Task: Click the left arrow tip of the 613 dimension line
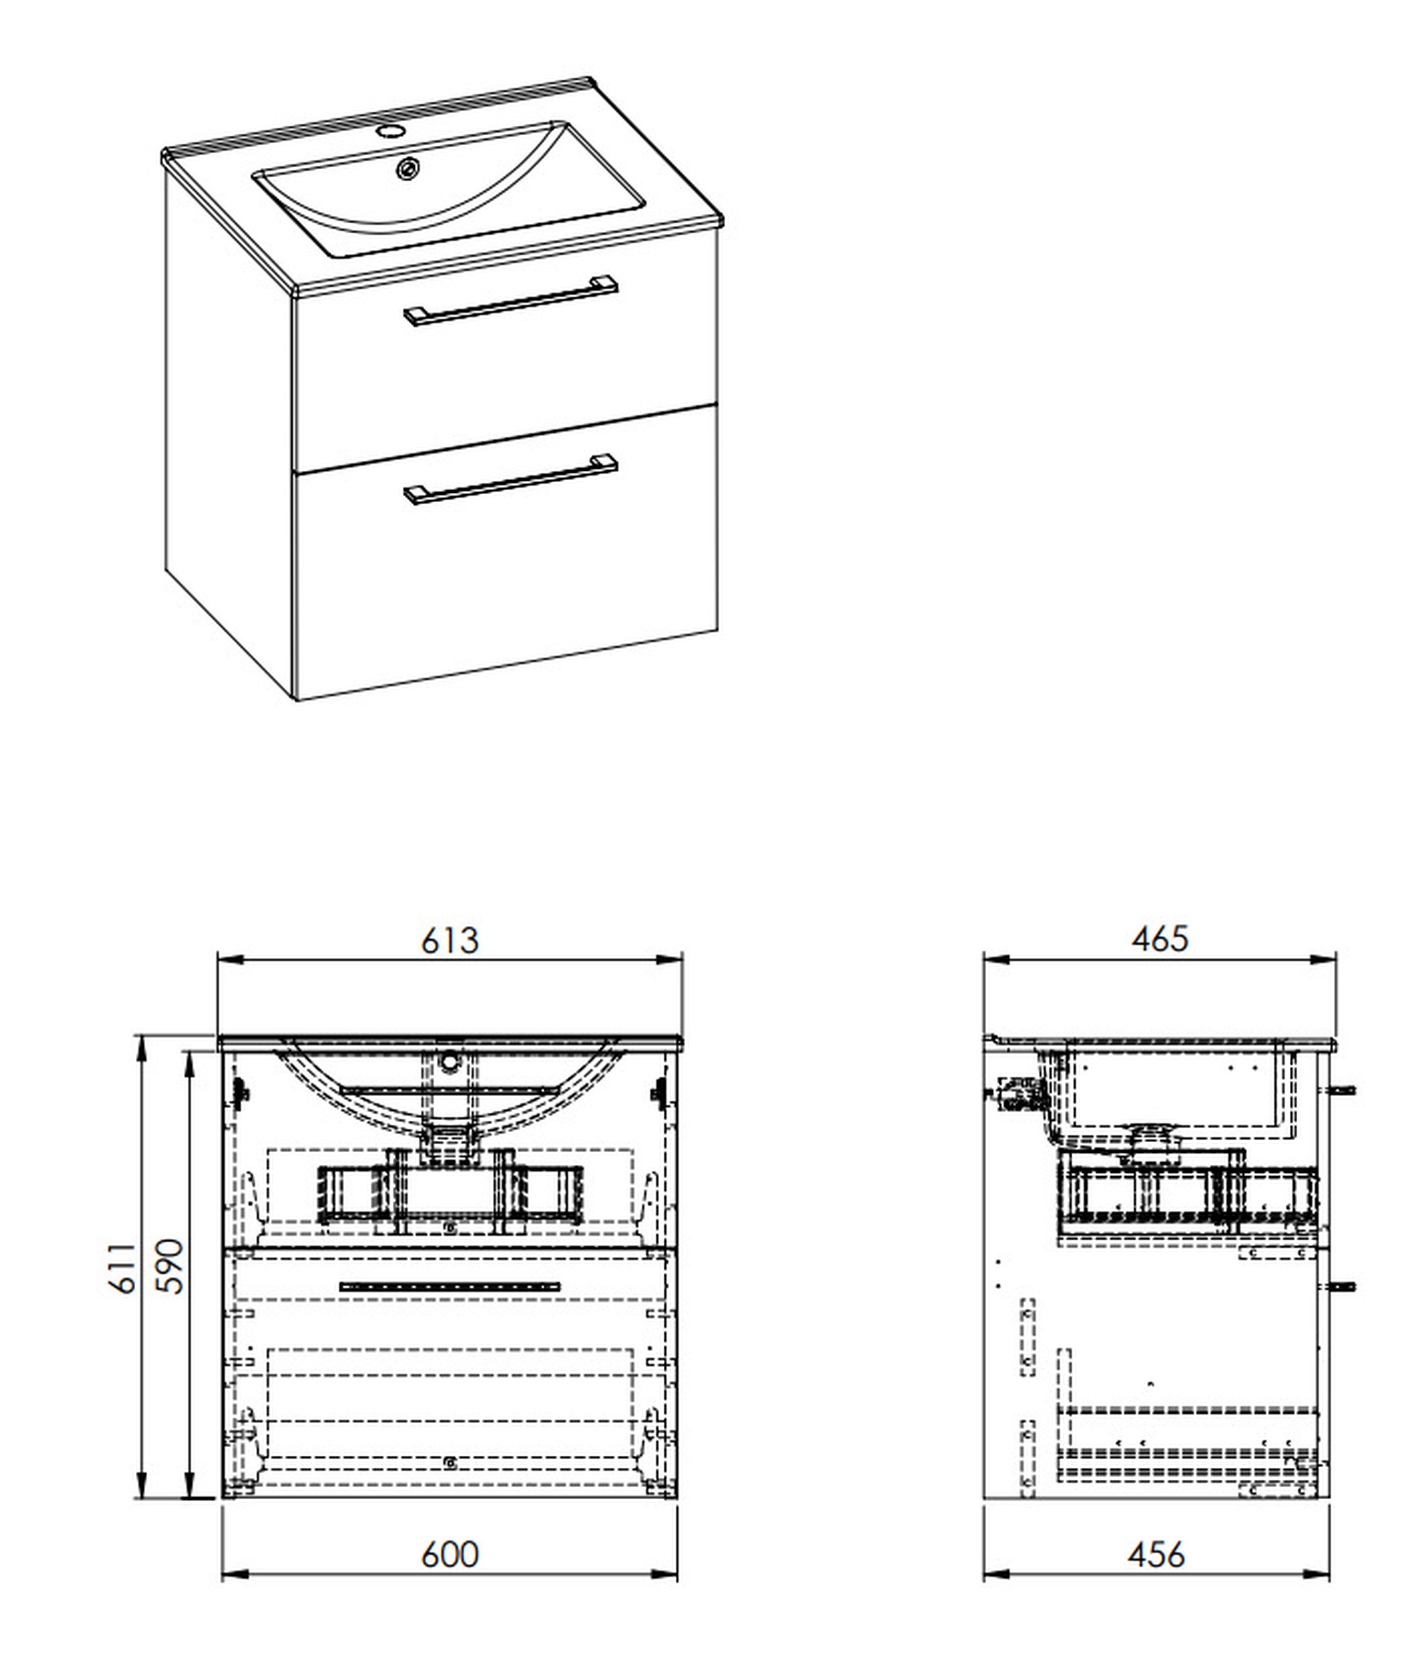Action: (218, 959)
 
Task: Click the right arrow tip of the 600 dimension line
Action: (677, 1574)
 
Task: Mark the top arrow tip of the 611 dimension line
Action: (142, 1035)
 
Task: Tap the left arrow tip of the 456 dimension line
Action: (984, 1574)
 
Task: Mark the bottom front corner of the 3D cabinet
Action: (297, 700)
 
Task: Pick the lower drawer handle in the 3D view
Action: (511, 481)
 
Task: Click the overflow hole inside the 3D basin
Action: (410, 168)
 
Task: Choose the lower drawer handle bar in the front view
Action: (450, 1287)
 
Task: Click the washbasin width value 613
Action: (450, 940)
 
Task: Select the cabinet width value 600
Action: (450, 1554)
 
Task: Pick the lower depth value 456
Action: (1157, 1554)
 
